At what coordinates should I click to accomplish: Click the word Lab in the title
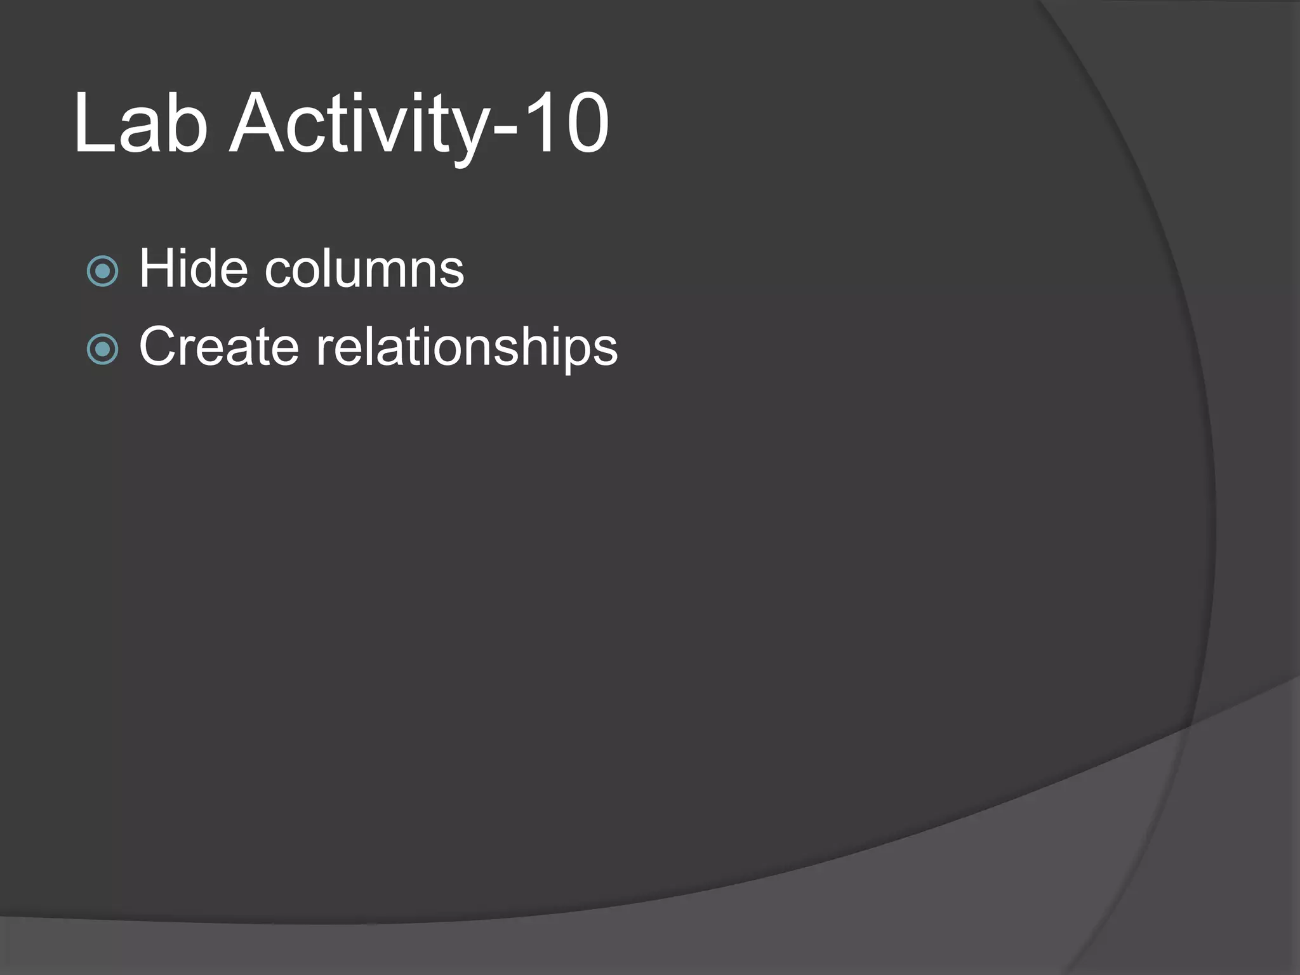coord(141,123)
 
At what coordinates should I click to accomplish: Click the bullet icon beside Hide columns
coord(102,272)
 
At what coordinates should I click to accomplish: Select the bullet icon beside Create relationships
coord(102,349)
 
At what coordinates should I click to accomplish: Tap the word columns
coord(364,269)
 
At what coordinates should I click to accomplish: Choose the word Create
coord(219,347)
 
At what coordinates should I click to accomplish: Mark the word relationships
coord(467,348)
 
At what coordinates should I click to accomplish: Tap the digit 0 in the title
coord(585,123)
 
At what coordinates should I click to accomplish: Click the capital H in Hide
coord(157,269)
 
